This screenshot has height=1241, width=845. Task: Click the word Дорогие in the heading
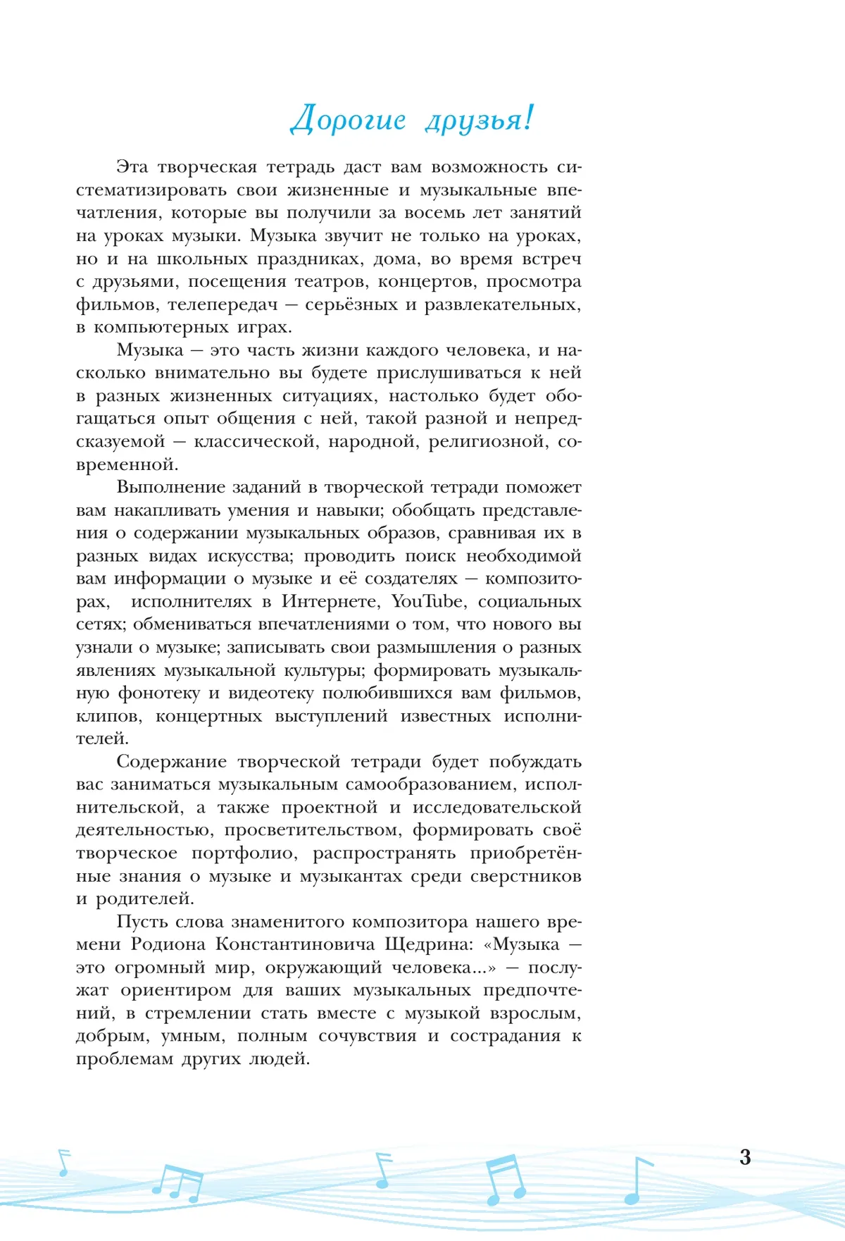click(x=349, y=120)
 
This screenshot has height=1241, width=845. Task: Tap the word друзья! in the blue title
click(x=480, y=120)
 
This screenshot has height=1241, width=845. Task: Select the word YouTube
click(x=427, y=602)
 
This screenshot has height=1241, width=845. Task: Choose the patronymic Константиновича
click(x=295, y=944)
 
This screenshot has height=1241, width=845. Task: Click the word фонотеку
click(x=158, y=693)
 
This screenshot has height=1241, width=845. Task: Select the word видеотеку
click(x=271, y=693)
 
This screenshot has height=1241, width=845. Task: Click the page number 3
click(x=745, y=1157)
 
